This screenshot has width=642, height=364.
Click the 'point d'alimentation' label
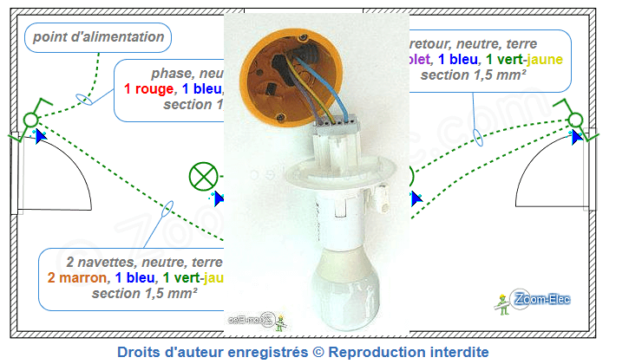point(98,37)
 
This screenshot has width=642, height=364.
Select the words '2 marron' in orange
point(76,277)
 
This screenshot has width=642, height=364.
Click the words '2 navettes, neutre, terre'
point(144,262)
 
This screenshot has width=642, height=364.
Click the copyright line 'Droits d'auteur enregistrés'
point(303,352)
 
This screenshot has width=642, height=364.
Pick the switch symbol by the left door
point(32,117)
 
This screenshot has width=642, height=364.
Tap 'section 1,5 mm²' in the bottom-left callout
point(144,293)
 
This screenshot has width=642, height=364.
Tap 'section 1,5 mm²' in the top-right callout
point(475,75)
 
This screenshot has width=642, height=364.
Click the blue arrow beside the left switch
point(39,136)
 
